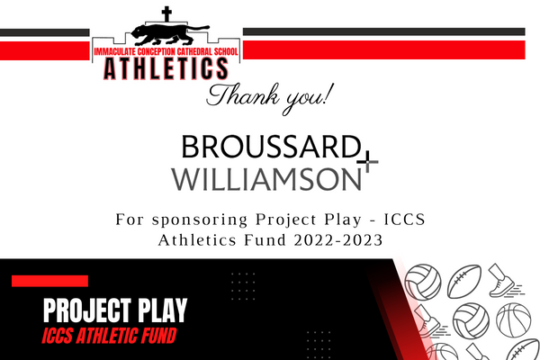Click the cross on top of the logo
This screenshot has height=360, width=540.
tap(166, 14)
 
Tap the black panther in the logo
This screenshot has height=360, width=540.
tap(170, 34)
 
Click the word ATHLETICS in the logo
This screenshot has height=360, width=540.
tap(166, 68)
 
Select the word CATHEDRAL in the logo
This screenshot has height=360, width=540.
tap(194, 51)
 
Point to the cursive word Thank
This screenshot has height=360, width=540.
tap(243, 94)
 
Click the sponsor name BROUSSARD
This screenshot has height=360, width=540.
tap(271, 147)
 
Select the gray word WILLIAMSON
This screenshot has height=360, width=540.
tap(266, 179)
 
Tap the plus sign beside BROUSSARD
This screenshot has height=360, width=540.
tap(367, 162)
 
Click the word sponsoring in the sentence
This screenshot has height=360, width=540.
tap(200, 220)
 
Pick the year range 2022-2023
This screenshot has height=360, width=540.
tap(338, 240)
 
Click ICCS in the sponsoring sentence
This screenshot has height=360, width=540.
tap(405, 220)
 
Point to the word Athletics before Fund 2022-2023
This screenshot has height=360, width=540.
tap(197, 239)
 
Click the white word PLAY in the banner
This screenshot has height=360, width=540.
tap(163, 310)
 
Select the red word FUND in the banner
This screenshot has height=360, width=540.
tap(156, 336)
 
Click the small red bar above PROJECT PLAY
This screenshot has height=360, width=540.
tap(49, 281)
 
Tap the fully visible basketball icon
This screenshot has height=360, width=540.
tap(514, 320)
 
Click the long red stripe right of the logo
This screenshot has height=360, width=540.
tap(384, 49)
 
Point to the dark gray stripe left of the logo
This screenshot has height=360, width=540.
tap(45, 32)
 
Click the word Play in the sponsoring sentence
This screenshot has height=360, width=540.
tap(343, 220)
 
